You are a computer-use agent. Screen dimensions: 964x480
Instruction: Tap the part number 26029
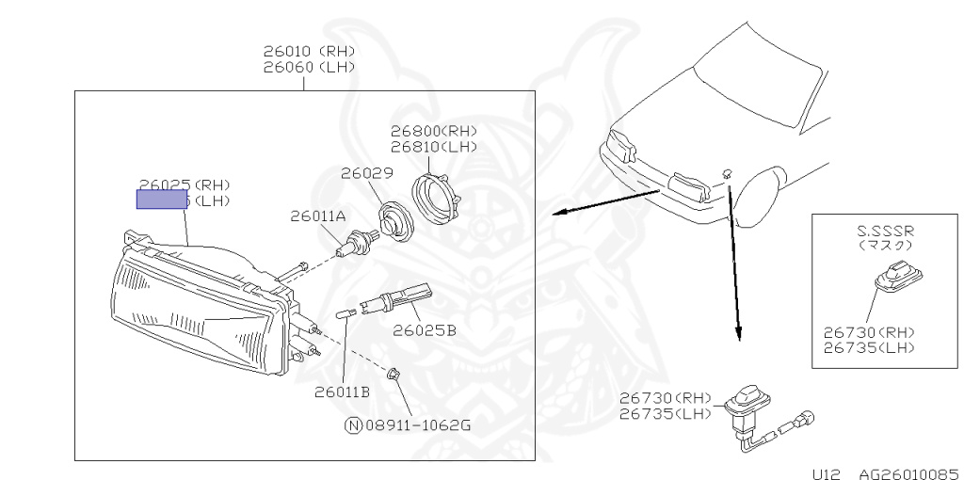(x=366, y=173)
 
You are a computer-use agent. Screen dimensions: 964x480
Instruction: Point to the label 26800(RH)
(x=434, y=131)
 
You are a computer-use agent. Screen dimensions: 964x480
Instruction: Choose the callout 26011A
(x=317, y=216)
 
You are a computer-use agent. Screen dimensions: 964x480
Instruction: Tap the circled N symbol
(x=353, y=424)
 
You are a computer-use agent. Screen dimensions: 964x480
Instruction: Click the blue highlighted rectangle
(x=163, y=199)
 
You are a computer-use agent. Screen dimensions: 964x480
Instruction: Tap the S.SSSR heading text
(x=885, y=229)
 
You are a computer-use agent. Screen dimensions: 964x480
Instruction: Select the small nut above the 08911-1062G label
(x=396, y=374)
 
